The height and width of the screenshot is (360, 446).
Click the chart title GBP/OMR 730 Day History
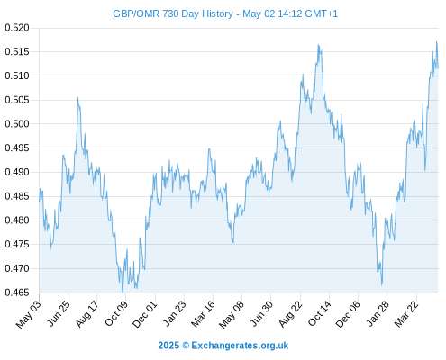coord(173,13)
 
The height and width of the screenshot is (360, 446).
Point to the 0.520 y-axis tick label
coord(17,28)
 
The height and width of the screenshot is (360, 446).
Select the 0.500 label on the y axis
coord(17,123)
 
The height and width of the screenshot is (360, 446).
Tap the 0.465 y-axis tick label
coord(17,292)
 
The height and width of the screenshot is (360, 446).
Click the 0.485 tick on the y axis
coord(17,196)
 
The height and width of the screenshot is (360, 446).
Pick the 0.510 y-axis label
coord(17,76)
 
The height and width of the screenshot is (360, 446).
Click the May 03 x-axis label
coord(29,314)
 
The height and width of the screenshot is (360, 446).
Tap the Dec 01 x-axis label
coord(145,314)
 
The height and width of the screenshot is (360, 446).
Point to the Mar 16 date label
coord(203,313)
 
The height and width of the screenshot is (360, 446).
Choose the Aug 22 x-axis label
coord(290,313)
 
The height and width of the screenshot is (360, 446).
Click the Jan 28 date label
coord(378,313)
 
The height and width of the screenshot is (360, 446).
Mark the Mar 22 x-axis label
coord(406,313)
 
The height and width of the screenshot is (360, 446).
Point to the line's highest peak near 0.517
coord(437,42)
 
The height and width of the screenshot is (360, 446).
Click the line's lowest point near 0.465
coord(123,292)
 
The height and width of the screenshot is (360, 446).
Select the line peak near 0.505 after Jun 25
coord(77,98)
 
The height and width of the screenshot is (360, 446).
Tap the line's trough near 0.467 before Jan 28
coord(382,284)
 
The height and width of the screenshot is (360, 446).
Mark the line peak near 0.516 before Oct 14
coord(318,45)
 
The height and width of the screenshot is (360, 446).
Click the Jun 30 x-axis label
coord(261,313)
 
